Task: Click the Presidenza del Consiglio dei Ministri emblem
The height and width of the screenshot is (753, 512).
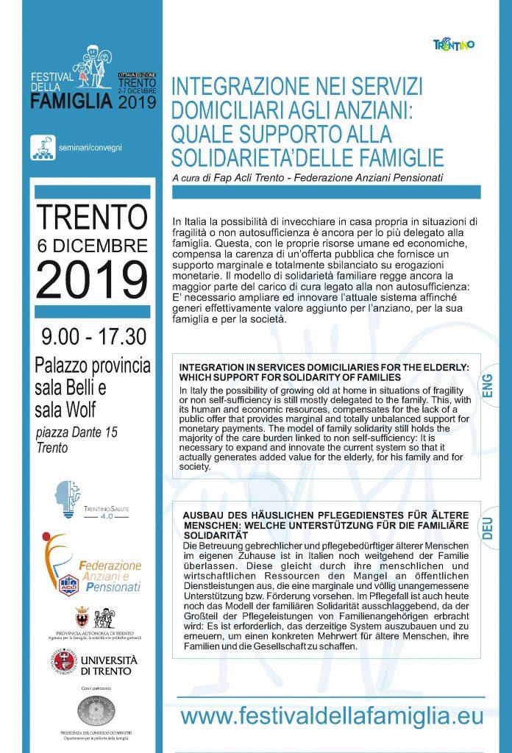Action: point(96,712)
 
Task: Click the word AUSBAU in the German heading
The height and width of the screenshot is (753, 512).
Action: point(201,516)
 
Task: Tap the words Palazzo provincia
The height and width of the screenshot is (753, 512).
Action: point(93,365)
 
